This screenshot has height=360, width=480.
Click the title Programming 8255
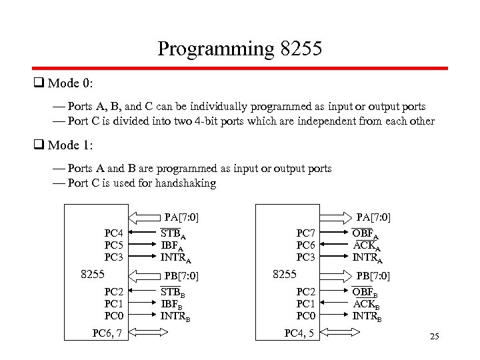point(240,49)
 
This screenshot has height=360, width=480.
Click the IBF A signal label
point(172,245)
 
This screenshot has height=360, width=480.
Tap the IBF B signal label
point(172,303)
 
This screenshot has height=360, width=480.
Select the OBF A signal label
point(365,233)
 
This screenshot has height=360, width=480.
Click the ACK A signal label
point(365,245)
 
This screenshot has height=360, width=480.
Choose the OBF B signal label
point(365,291)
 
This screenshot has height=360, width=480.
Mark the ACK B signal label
point(365,303)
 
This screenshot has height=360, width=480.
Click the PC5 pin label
point(113,245)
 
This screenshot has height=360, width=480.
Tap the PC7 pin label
point(305,233)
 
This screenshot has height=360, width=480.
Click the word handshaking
point(183,183)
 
